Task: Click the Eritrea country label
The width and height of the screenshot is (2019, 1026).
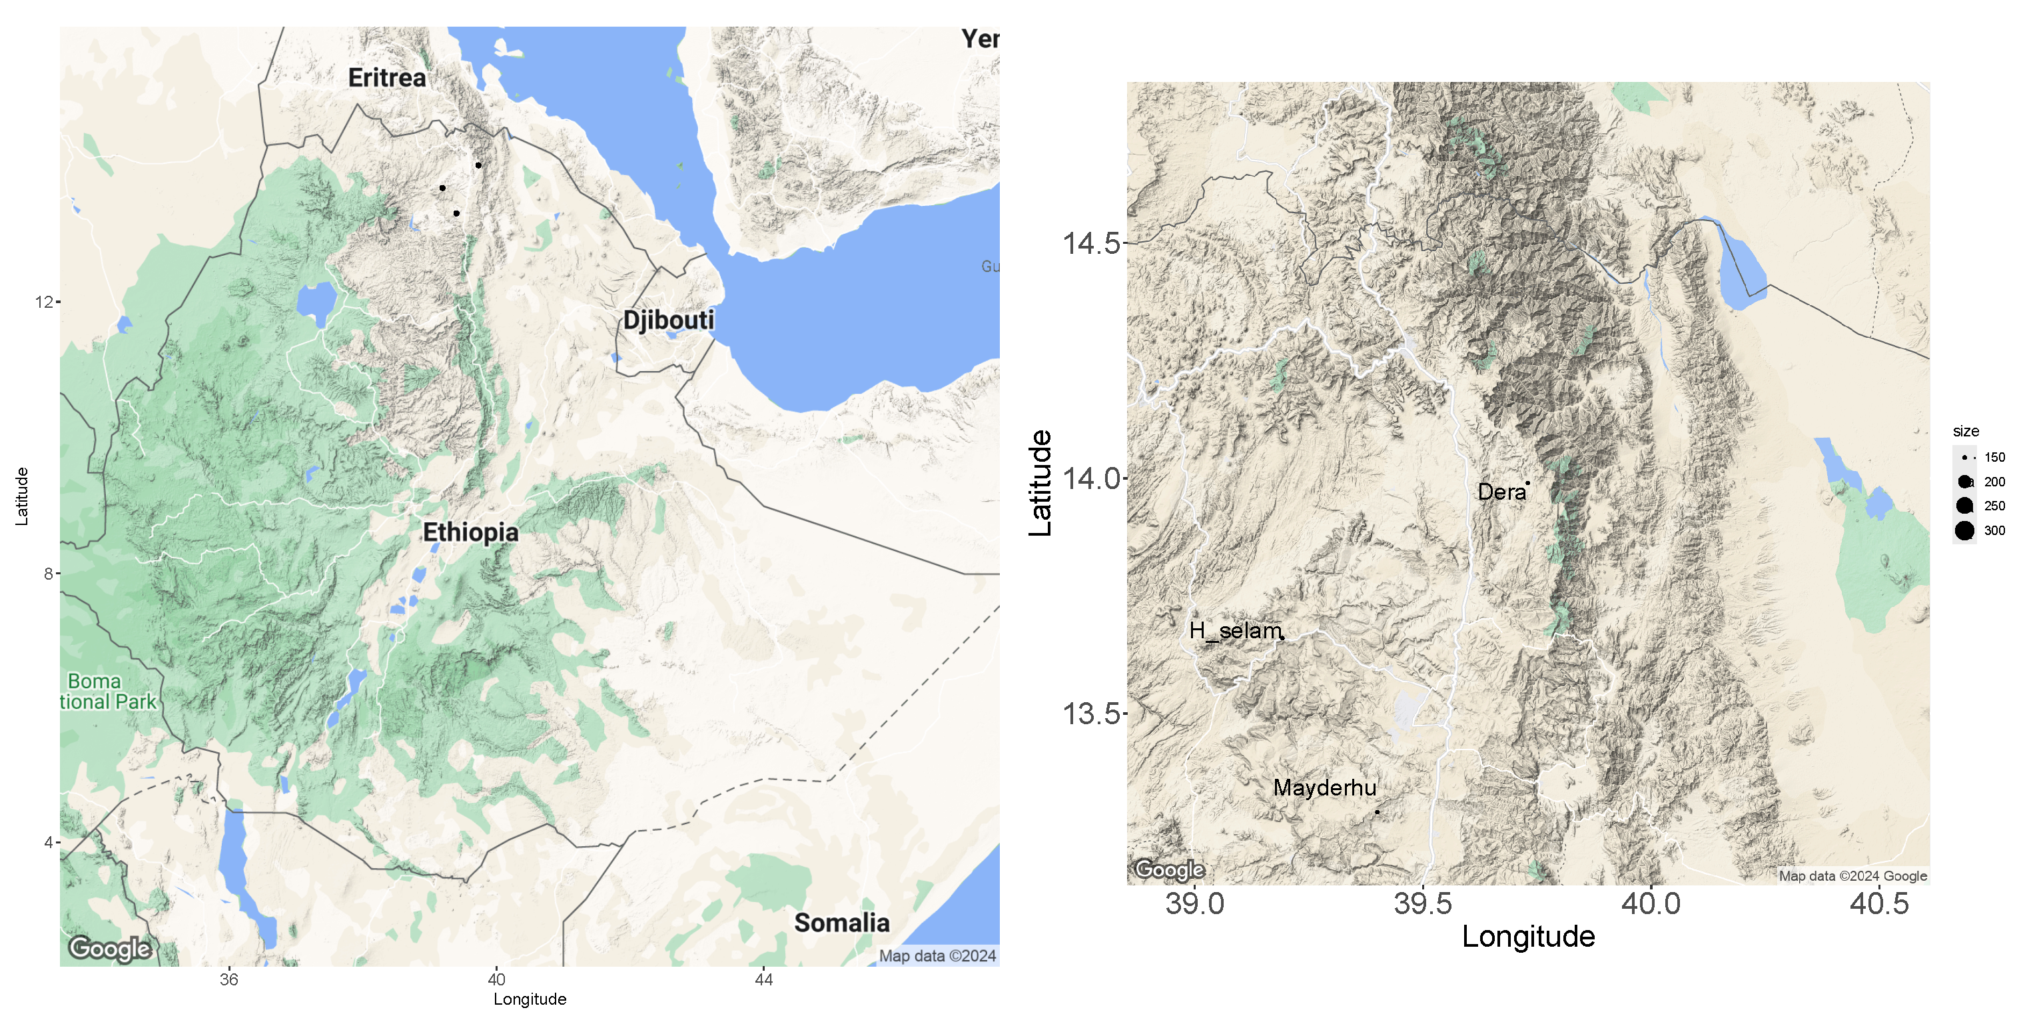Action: pyautogui.click(x=386, y=77)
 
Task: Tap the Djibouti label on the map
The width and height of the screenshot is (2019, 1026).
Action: pyautogui.click(x=669, y=320)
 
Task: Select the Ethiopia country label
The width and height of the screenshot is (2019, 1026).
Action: pyautogui.click(x=470, y=532)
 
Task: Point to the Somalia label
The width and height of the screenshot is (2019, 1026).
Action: pyautogui.click(x=842, y=923)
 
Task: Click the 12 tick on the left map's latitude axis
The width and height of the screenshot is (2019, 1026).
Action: pyautogui.click(x=44, y=302)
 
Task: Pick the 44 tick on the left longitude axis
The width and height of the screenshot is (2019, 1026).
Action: pyautogui.click(x=763, y=979)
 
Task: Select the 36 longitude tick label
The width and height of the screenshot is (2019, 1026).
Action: pyautogui.click(x=229, y=979)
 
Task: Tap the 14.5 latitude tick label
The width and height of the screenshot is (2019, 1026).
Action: pyautogui.click(x=1091, y=243)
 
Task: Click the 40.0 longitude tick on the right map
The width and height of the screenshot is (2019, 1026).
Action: pyautogui.click(x=1651, y=903)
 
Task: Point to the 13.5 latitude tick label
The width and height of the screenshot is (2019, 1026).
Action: pyautogui.click(x=1091, y=714)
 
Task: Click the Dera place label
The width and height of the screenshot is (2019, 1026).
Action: pyautogui.click(x=1501, y=492)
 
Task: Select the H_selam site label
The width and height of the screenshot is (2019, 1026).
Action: pyautogui.click(x=1235, y=630)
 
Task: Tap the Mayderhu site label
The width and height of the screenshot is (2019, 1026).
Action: pyautogui.click(x=1325, y=787)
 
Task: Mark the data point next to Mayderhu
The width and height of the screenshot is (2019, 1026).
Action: pyautogui.click(x=1377, y=812)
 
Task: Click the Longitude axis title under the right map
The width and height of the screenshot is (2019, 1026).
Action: pyautogui.click(x=1528, y=937)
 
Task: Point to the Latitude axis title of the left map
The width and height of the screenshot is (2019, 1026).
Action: pyautogui.click(x=22, y=496)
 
